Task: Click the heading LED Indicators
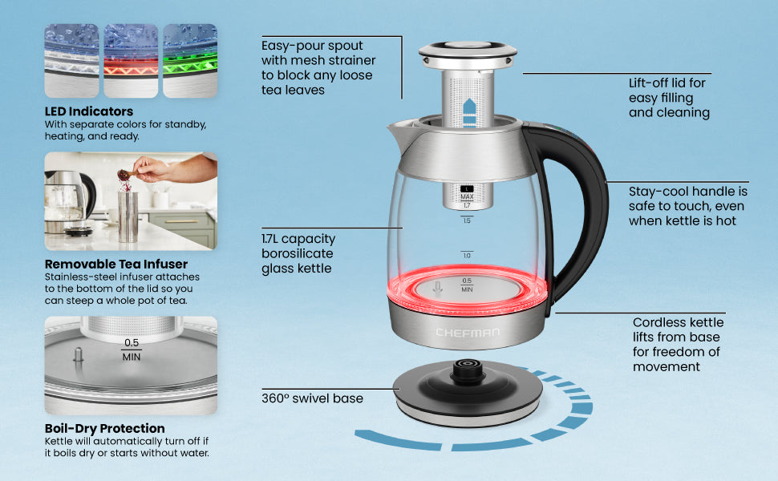(x=89, y=111)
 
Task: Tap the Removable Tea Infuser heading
(x=116, y=264)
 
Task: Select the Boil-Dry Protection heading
(x=105, y=428)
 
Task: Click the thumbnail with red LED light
(x=131, y=60)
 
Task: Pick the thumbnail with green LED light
(x=190, y=60)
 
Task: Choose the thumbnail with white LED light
(x=72, y=60)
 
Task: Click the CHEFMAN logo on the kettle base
(x=468, y=332)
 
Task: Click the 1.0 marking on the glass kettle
(x=467, y=256)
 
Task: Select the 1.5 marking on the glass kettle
(x=467, y=220)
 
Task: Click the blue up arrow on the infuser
(x=469, y=112)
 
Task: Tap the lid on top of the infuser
(x=468, y=54)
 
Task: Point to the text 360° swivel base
(x=312, y=398)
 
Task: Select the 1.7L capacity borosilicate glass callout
(x=298, y=253)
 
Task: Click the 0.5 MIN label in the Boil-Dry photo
(x=132, y=350)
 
